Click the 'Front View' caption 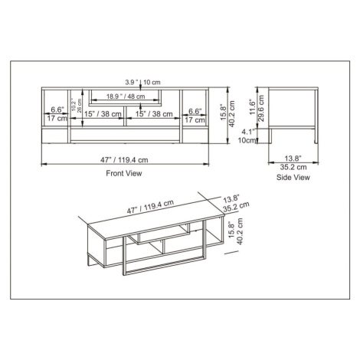124,173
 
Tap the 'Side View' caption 293,177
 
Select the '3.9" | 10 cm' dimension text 142,82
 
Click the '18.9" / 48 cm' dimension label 126,97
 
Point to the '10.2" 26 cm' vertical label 77,106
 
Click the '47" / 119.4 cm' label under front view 124,160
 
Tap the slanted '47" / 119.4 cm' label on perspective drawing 150,207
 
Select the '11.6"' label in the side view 252,107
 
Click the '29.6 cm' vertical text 261,108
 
